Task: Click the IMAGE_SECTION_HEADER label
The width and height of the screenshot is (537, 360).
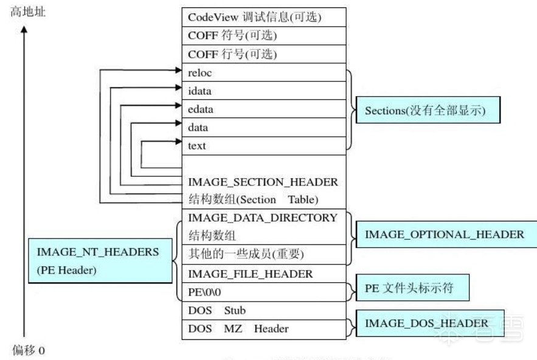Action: pos(263,181)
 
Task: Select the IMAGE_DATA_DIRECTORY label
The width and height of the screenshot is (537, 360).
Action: pos(263,218)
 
